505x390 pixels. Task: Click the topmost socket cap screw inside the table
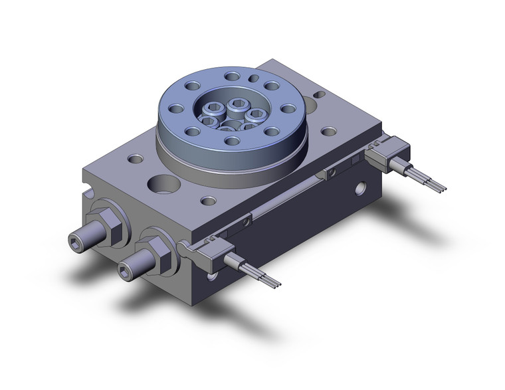238,104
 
